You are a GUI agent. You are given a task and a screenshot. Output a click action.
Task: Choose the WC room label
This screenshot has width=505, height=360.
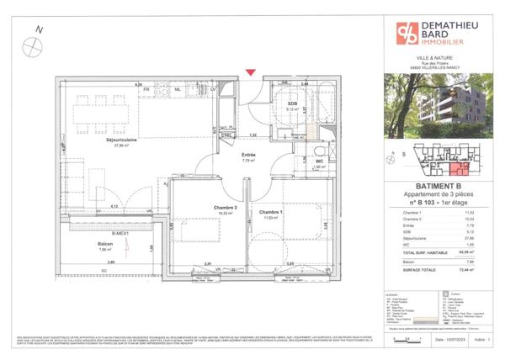point(319,161)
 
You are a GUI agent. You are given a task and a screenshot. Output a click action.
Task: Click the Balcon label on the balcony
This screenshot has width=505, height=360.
point(106,244)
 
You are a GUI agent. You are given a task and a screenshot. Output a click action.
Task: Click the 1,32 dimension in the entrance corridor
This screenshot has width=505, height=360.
point(252,135)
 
